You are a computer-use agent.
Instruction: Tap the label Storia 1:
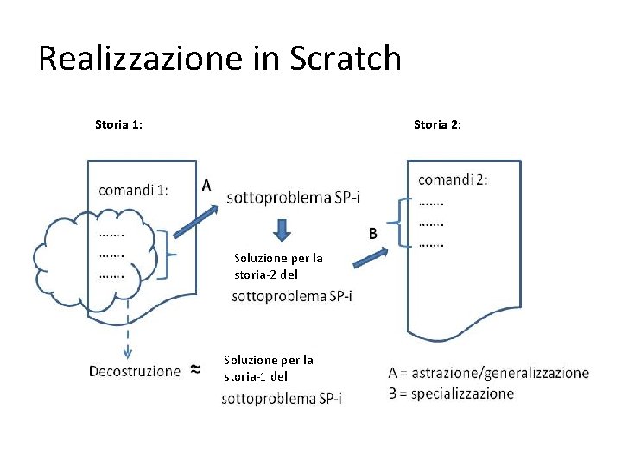pyautogui.click(x=118, y=124)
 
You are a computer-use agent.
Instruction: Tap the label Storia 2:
pyautogui.click(x=437, y=124)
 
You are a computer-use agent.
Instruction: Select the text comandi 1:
pyautogui.click(x=133, y=191)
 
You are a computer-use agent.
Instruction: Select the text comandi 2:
pyautogui.click(x=453, y=179)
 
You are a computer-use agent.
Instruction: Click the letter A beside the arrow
pyautogui.click(x=206, y=184)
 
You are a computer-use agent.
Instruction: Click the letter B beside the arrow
pyautogui.click(x=373, y=233)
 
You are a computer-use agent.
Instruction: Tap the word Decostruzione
pyautogui.click(x=135, y=371)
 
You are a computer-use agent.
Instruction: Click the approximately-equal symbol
pyautogui.click(x=195, y=370)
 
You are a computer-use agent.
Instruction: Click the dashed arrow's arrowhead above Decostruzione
pyautogui.click(x=127, y=350)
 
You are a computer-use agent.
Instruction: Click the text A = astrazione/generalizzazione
pyautogui.click(x=489, y=374)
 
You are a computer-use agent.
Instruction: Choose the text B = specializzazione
pyautogui.click(x=451, y=394)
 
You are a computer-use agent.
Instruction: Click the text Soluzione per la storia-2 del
pyautogui.click(x=278, y=266)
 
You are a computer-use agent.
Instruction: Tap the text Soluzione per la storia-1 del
pyautogui.click(x=269, y=368)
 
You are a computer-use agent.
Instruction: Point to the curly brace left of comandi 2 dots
pyautogui.click(x=398, y=223)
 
